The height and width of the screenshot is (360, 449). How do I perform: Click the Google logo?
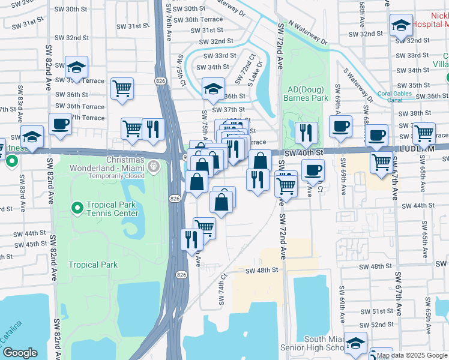click(x=19, y=353)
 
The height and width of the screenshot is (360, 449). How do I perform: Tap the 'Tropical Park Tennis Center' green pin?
click(x=77, y=208)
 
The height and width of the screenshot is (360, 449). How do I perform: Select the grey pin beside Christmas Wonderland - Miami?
click(x=154, y=168)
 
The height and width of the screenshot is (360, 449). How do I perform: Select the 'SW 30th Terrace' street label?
click(x=195, y=19)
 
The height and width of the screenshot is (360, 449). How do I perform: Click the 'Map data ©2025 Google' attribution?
click(x=412, y=355)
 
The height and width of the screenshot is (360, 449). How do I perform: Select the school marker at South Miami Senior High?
click(x=355, y=343)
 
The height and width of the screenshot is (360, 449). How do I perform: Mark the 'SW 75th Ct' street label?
click(x=179, y=69)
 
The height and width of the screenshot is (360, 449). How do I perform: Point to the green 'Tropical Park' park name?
click(x=92, y=265)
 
